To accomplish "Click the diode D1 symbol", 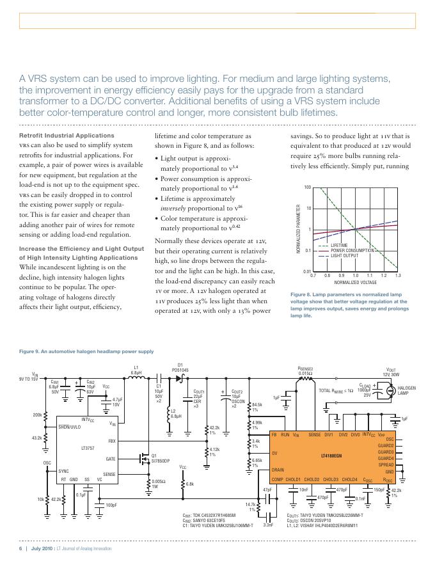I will [180, 378].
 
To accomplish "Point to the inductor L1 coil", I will [136, 378].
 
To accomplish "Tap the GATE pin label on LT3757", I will [111, 459].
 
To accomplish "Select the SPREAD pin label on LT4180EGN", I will [386, 464].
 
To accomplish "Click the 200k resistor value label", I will [36, 415].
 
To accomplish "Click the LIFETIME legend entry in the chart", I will [339, 245].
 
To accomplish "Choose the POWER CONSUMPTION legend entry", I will [352, 250].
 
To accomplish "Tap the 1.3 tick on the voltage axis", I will [398, 275].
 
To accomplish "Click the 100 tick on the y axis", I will [307, 187].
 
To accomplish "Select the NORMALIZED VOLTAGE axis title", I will [356, 282].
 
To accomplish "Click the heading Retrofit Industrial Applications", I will [58, 136].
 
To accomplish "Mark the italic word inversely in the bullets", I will [175, 208].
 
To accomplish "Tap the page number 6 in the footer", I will [20, 549].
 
